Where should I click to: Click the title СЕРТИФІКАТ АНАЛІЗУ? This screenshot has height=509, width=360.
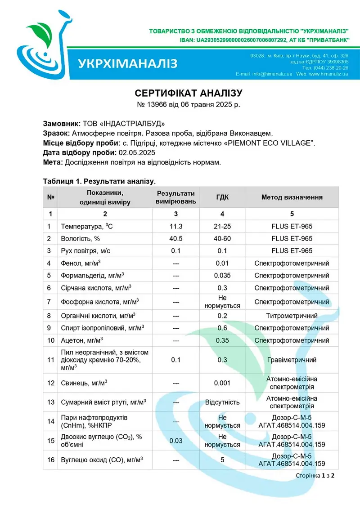[189, 93]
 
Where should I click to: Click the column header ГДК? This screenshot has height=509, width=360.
[222, 197]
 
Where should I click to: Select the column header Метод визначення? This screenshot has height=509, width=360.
[292, 197]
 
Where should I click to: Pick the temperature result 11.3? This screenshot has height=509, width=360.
[176, 226]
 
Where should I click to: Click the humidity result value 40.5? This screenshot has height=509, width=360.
[176, 238]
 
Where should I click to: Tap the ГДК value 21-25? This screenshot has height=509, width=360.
[222, 226]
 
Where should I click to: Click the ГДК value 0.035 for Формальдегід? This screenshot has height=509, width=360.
[222, 275]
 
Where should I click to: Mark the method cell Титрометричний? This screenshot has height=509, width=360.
[292, 316]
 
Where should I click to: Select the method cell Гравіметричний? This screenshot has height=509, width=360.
[292, 360]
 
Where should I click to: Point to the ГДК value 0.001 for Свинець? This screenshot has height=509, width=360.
[222, 383]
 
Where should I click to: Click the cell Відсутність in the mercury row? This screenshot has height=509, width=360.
[222, 402]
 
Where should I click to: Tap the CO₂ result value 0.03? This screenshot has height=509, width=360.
[176, 441]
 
